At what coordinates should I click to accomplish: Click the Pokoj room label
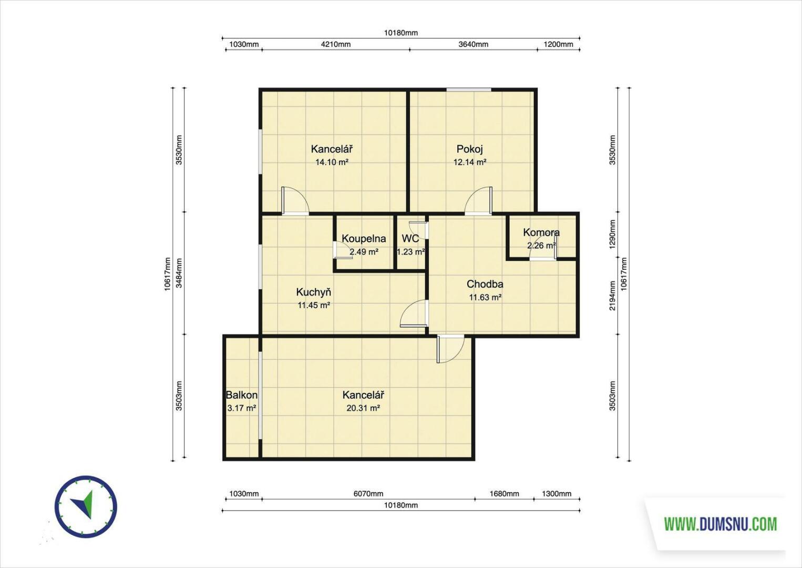470,149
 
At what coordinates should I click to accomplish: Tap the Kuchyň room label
314,292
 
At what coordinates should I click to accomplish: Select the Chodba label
485,284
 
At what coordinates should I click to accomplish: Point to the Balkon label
242,395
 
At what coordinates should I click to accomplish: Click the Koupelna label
364,239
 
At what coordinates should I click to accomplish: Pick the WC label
410,239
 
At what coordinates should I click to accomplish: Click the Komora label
541,232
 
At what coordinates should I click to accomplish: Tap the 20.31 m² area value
363,408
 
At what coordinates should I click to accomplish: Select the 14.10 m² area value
332,162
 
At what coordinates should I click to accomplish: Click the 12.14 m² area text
470,162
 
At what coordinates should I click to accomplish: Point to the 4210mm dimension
335,44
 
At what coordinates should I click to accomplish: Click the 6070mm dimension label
368,494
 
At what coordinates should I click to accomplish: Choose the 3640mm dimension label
474,44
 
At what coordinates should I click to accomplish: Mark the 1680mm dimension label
504,494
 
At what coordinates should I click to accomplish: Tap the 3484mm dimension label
179,273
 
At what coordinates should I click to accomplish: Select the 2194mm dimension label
613,296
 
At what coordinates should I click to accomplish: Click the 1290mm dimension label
613,235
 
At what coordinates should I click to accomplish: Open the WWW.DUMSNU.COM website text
721,524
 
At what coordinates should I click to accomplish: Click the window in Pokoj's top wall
469,89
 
